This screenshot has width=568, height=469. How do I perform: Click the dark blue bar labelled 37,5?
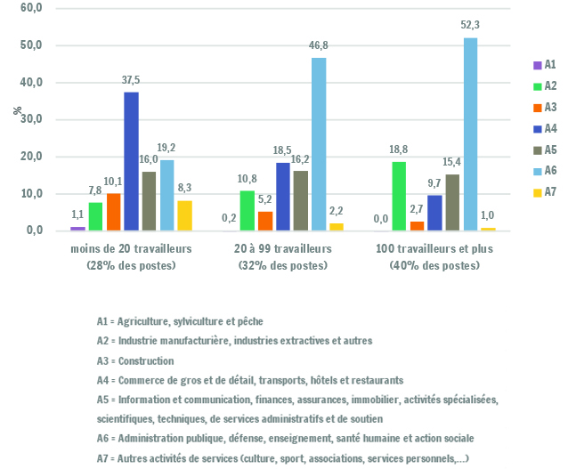tap(131, 161)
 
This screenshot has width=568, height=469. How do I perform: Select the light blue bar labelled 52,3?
tap(470, 134)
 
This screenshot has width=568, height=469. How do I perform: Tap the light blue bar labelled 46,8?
tap(319, 144)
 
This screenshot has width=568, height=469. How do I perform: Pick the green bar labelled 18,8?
tap(399, 196)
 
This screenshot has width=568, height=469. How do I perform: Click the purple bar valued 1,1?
tap(77, 229)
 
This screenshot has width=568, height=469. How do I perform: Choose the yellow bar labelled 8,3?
tap(185, 215)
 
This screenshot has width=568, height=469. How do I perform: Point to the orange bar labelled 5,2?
tap(265, 221)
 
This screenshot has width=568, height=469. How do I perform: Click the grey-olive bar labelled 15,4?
tap(452, 202)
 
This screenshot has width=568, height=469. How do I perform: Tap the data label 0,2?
tap(229, 218)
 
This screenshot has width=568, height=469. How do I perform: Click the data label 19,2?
tap(166, 148)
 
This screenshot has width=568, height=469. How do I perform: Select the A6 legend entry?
tap(545, 170)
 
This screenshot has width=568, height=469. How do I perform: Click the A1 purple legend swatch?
tap(537, 65)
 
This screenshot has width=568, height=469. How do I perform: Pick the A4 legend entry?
tap(545, 128)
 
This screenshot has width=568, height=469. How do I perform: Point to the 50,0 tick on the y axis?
tap(31, 45)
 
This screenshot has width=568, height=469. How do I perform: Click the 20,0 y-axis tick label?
tap(31, 157)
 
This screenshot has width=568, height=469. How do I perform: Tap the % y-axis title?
tap(17, 110)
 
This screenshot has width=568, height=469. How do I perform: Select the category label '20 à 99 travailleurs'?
tap(282, 249)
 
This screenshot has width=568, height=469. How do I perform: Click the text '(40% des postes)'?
tap(434, 265)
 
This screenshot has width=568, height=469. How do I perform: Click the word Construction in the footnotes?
tap(146, 361)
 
